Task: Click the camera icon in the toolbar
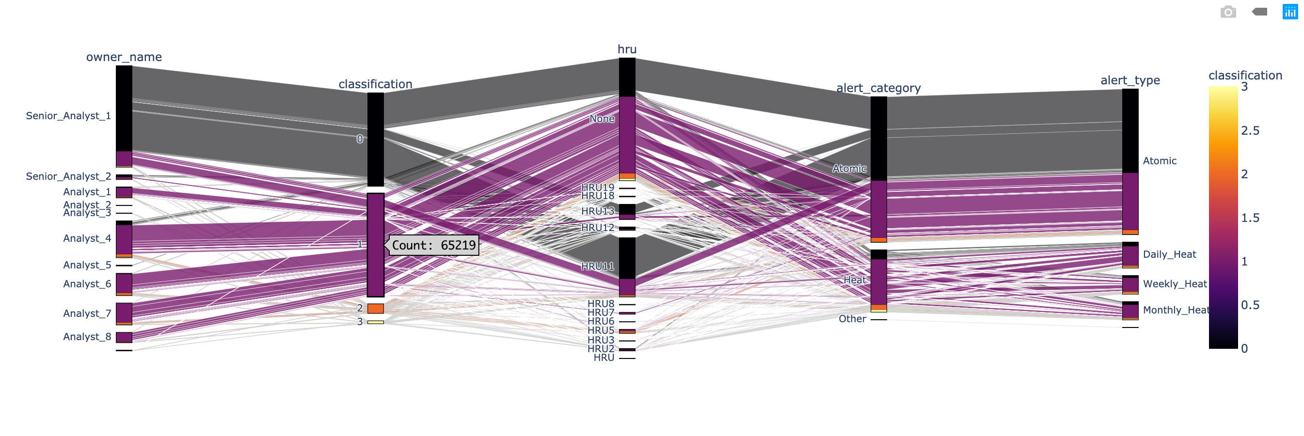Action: point(1228,12)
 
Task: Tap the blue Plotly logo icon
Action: point(1290,12)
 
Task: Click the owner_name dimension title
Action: point(124,57)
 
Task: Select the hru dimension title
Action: point(627,49)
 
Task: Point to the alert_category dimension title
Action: point(878,88)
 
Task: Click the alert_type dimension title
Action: point(1130,80)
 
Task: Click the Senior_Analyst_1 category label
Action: point(68,116)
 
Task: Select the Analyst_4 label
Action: point(87,238)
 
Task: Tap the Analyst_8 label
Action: point(87,337)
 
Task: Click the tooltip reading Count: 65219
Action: point(434,245)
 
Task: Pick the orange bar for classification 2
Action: point(375,309)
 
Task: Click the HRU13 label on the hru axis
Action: point(597,211)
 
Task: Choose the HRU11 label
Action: point(597,266)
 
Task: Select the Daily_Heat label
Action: point(1169,254)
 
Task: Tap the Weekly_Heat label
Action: point(1175,284)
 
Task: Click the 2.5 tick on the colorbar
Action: point(1250,130)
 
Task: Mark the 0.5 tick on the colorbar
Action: point(1250,305)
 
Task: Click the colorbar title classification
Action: point(1245,76)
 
